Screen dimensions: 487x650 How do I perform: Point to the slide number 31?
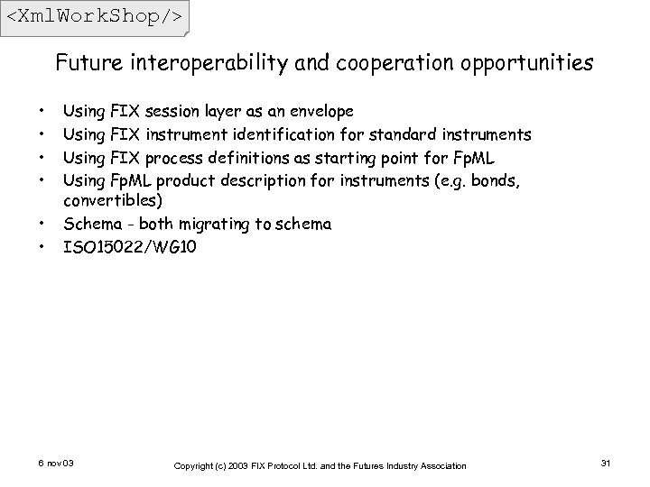[x=606, y=464]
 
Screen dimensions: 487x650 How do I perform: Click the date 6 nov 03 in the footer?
[x=57, y=464]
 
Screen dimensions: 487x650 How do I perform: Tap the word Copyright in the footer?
[x=197, y=465]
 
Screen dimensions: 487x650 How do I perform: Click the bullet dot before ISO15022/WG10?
[x=42, y=245]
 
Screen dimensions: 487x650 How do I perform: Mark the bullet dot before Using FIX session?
[x=42, y=113]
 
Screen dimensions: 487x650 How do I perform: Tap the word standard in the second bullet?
[x=406, y=135]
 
